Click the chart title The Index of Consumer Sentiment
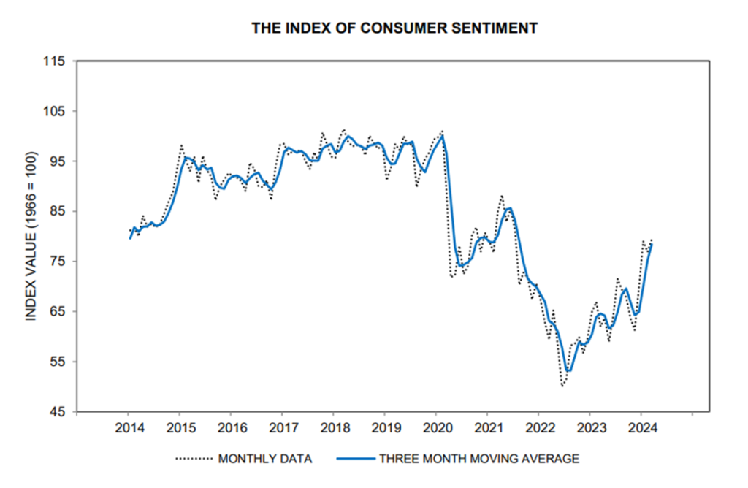click(394, 28)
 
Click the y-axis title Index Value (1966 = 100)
click(31, 236)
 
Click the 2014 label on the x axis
click(128, 427)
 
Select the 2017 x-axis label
click(283, 427)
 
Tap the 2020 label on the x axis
click(436, 427)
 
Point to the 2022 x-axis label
click(539, 427)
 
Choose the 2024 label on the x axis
click(641, 427)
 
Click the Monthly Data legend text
click(265, 459)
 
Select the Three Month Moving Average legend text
click(479, 459)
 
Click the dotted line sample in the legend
click(194, 459)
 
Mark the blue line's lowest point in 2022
click(568, 370)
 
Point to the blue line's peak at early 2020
click(443, 136)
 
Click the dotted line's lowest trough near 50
click(562, 386)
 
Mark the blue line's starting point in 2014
click(131, 238)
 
